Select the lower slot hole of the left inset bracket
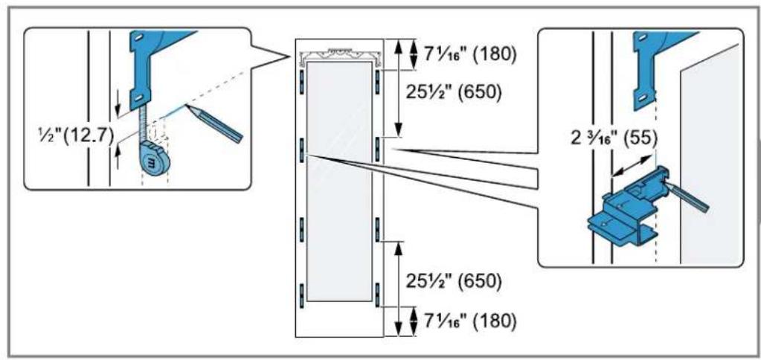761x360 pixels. coord(139,98)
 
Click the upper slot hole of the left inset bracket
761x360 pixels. coord(139,37)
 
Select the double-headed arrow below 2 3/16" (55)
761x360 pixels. coord(631,167)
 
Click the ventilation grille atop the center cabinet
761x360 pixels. coord(339,55)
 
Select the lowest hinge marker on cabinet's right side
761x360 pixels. coord(376,294)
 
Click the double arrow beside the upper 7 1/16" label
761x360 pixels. coord(413,54)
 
